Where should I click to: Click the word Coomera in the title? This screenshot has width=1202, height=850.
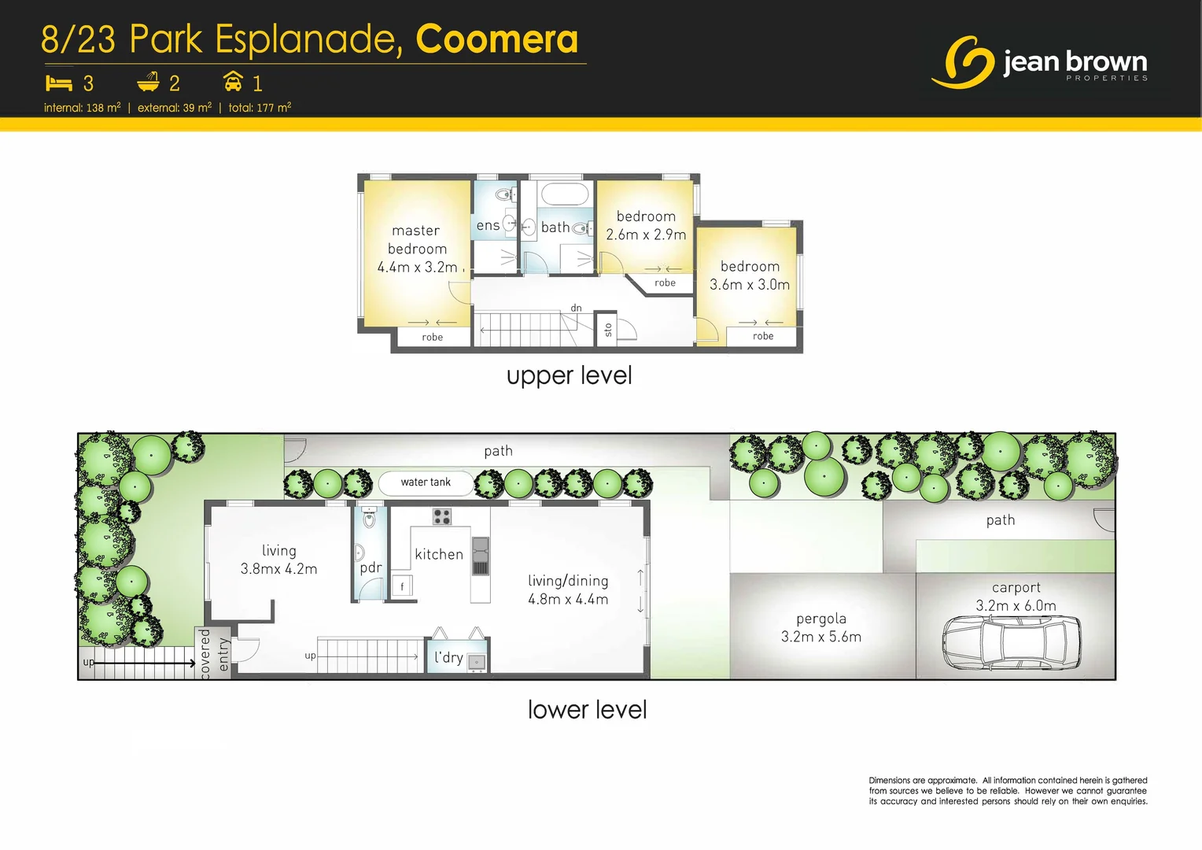click(x=496, y=39)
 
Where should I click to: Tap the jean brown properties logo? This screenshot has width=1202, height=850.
click(x=1038, y=62)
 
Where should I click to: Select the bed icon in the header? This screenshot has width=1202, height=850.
click(x=59, y=83)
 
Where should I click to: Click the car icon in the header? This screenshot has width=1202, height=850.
click(x=233, y=82)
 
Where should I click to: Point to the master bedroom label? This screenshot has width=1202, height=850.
click(x=417, y=239)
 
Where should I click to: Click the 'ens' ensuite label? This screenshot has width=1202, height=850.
click(x=488, y=226)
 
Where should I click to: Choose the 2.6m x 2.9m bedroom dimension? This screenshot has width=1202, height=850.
click(x=646, y=235)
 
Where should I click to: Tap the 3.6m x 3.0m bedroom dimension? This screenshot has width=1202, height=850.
click(x=750, y=285)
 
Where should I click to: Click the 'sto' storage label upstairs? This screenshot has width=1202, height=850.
click(x=607, y=330)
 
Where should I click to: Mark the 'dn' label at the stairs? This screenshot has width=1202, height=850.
click(x=577, y=308)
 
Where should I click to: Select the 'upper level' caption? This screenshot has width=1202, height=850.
click(x=569, y=375)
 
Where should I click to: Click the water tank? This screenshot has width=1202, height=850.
click(x=426, y=482)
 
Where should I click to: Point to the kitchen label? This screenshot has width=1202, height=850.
click(x=439, y=554)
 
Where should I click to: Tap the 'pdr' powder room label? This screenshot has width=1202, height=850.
click(x=371, y=567)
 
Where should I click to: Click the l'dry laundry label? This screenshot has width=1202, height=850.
click(x=448, y=657)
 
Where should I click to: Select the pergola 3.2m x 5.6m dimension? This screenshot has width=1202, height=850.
click(x=820, y=637)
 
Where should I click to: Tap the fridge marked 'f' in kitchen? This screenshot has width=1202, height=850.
click(x=402, y=586)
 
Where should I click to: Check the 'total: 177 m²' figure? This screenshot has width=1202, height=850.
click(x=260, y=108)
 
